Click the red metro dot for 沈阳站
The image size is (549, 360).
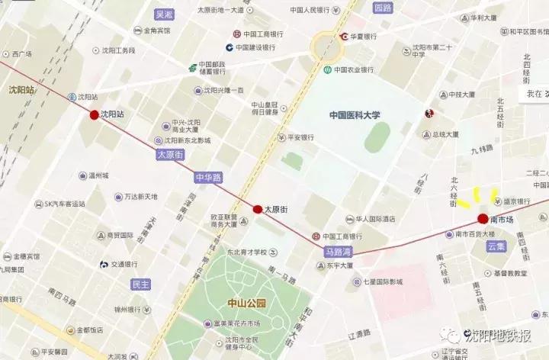95,115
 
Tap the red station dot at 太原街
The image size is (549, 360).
258,208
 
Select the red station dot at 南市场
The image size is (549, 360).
483,220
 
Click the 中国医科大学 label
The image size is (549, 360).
355,115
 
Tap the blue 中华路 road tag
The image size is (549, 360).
208,178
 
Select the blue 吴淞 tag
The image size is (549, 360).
164,14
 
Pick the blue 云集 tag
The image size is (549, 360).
496,246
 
